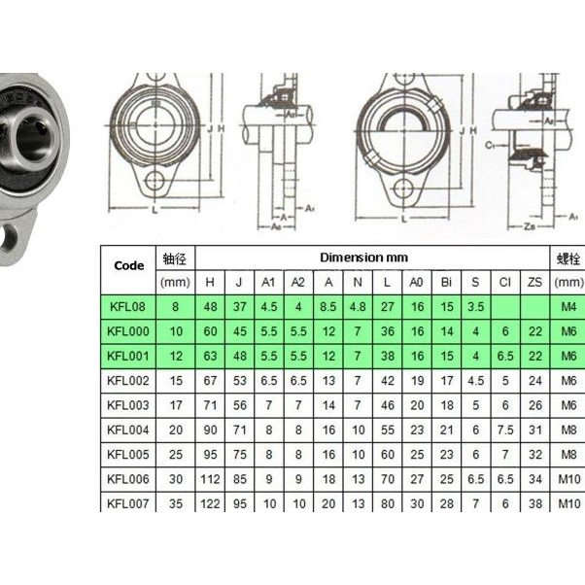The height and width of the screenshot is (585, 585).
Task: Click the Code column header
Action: (x=128, y=265)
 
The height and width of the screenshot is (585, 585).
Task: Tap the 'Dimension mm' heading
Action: (x=364, y=258)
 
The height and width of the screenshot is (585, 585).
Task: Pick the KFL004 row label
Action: (x=128, y=429)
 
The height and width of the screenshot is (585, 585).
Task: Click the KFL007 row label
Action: (x=128, y=502)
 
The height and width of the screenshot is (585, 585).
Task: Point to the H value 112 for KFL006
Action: (x=210, y=478)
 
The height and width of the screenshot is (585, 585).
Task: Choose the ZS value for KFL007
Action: (x=533, y=502)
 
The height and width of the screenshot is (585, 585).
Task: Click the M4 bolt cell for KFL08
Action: (x=568, y=307)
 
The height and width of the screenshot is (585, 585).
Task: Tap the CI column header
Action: (x=504, y=282)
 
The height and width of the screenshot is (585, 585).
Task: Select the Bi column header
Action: (x=446, y=282)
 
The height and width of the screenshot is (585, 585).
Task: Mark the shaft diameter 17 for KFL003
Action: (x=177, y=404)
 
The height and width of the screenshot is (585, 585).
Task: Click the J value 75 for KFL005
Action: (x=239, y=454)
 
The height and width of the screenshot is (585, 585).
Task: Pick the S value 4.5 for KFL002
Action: (x=475, y=380)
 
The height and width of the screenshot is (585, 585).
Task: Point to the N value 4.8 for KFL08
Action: (x=358, y=307)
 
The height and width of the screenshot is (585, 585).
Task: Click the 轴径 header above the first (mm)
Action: (x=177, y=258)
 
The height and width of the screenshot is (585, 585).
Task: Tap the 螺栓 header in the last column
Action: (x=568, y=258)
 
